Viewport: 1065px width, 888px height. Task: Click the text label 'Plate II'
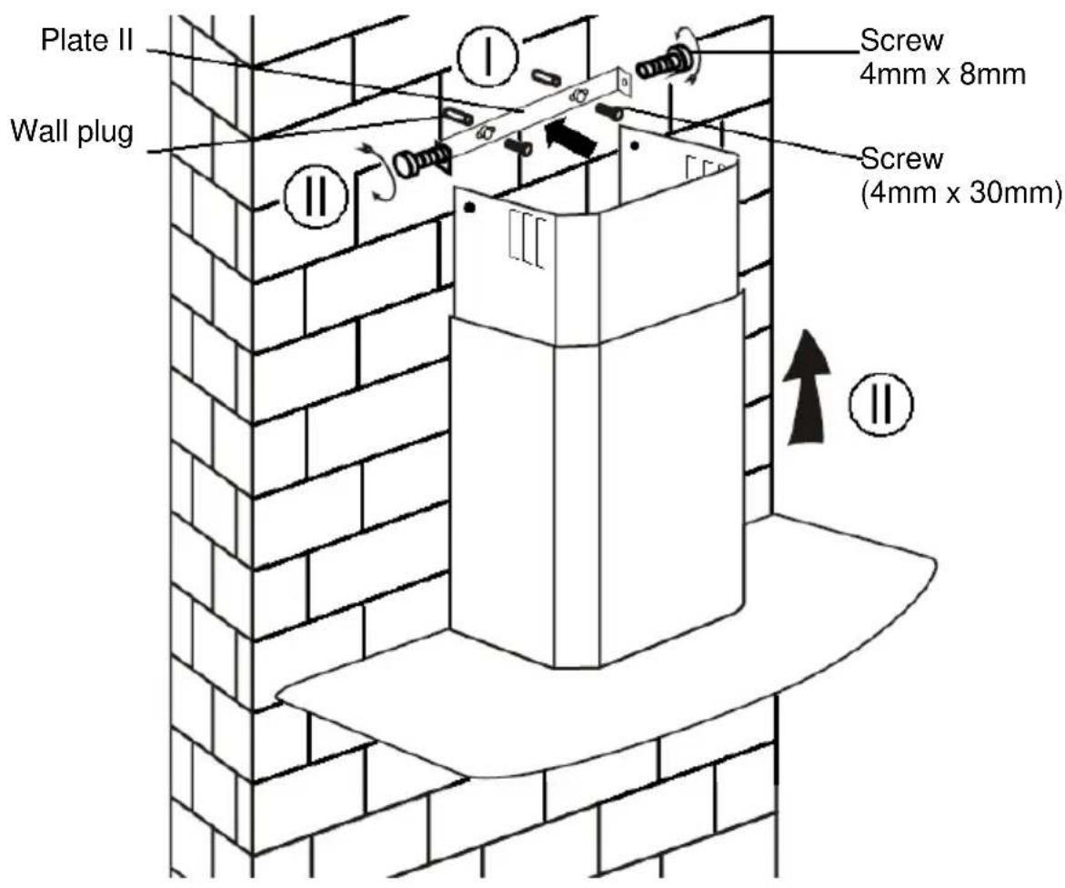pos(87,40)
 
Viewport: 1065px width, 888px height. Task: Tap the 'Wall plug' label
pos(72,130)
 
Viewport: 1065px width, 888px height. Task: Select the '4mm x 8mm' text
pos(942,74)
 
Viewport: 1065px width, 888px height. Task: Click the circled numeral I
pos(487,57)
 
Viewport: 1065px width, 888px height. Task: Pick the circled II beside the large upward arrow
pos(881,404)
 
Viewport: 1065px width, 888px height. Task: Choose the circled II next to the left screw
pos(316,196)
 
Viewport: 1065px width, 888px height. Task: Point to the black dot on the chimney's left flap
pos(469,208)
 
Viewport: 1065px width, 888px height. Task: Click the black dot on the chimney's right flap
pos(635,146)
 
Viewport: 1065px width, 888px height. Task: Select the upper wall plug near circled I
pos(546,77)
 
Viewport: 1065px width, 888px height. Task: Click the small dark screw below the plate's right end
pos(609,111)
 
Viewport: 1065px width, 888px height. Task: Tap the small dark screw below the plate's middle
pos(518,146)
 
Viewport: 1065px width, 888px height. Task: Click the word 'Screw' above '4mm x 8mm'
pos(901,41)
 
